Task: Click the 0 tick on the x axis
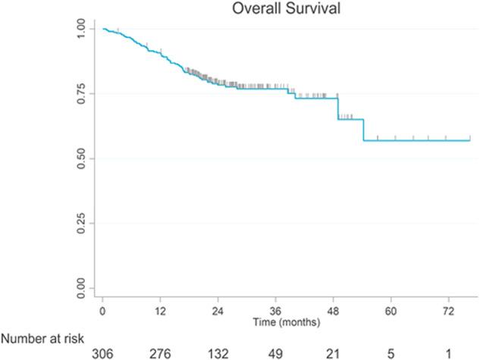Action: [x=102, y=311]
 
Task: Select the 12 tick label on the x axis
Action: [x=160, y=311]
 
